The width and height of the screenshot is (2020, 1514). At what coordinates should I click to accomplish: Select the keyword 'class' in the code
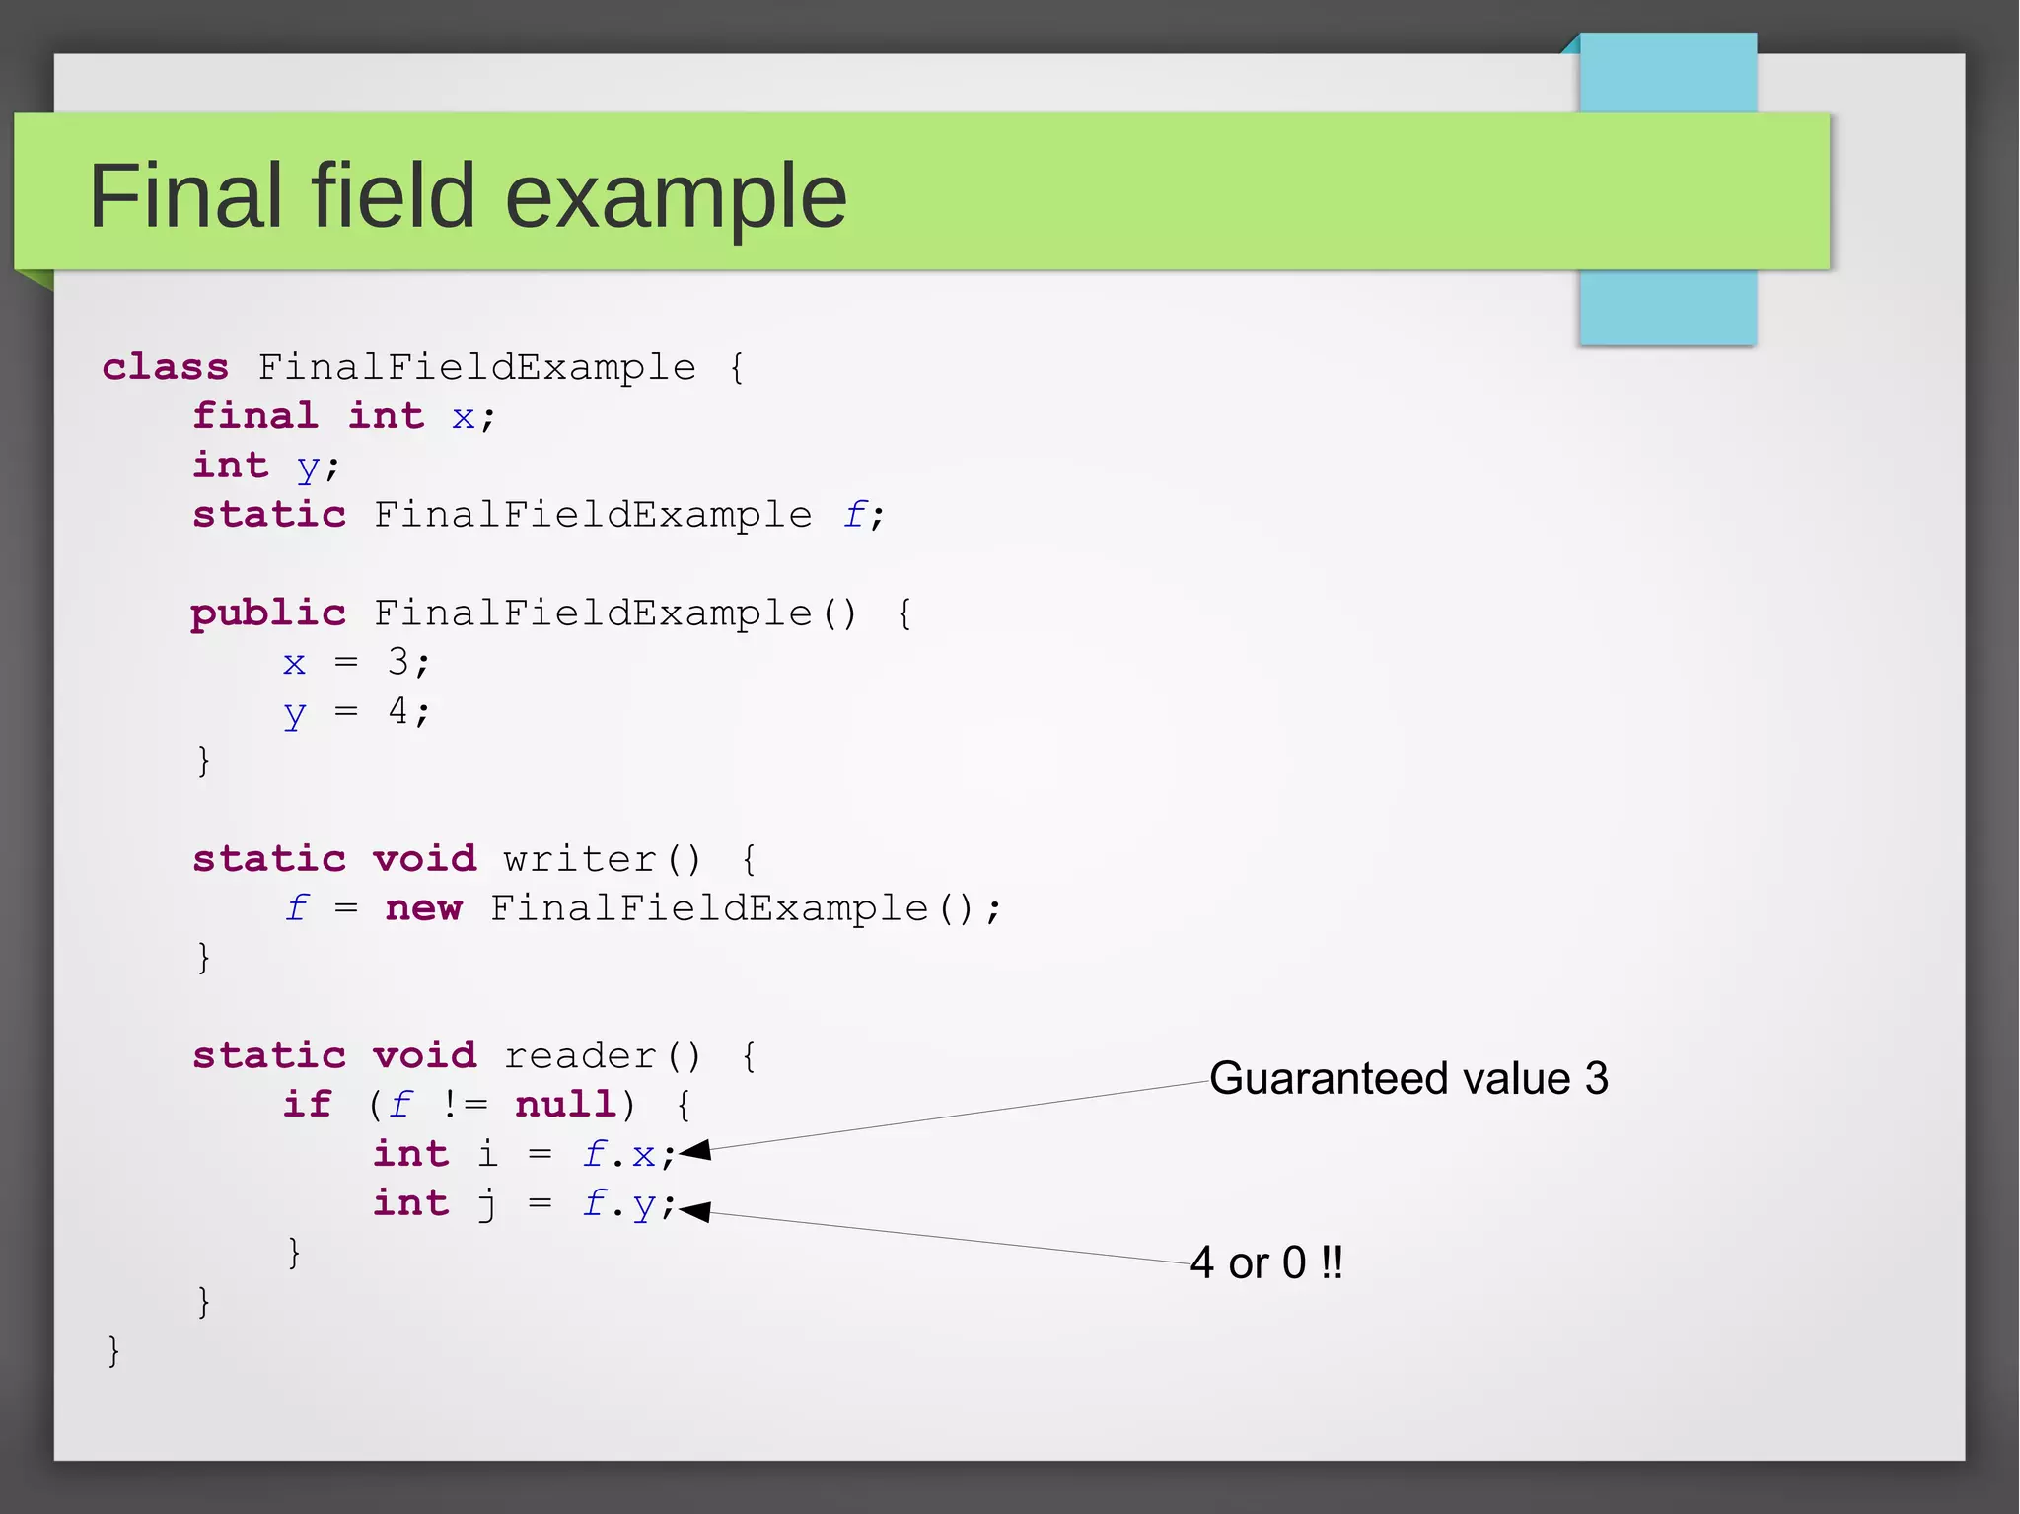click(x=165, y=367)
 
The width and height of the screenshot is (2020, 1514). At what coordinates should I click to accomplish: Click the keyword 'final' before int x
click(x=255, y=415)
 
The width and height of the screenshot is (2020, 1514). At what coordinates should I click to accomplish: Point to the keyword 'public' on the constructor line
click(x=268, y=613)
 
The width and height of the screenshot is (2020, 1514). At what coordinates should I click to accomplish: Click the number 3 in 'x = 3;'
click(x=397, y=662)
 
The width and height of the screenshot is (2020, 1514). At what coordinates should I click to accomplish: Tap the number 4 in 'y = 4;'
click(x=397, y=710)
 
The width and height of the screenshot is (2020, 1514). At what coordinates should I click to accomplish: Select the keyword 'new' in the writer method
click(x=423, y=908)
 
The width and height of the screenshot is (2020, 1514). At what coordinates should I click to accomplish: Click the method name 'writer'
click(x=579, y=859)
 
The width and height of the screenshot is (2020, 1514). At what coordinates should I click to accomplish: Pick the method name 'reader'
click(x=579, y=1056)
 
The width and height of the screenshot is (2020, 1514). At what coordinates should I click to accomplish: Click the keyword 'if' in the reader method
click(x=307, y=1104)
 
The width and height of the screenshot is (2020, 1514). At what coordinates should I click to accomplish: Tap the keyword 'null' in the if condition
click(x=566, y=1105)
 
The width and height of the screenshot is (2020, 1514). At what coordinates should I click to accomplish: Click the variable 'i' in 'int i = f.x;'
click(x=487, y=1153)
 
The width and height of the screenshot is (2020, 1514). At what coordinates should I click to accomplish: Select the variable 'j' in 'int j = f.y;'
click(x=487, y=1204)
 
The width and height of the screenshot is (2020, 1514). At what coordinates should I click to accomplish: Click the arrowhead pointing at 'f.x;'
click(x=694, y=1150)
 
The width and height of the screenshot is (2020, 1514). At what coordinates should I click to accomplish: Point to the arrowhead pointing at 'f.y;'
click(x=694, y=1211)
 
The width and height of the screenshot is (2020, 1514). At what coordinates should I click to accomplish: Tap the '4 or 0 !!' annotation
click(x=1266, y=1262)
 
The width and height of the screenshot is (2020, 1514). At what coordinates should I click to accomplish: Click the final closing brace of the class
click(x=113, y=1350)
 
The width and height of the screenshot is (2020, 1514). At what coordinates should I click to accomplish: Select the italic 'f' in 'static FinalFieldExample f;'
click(x=855, y=514)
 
